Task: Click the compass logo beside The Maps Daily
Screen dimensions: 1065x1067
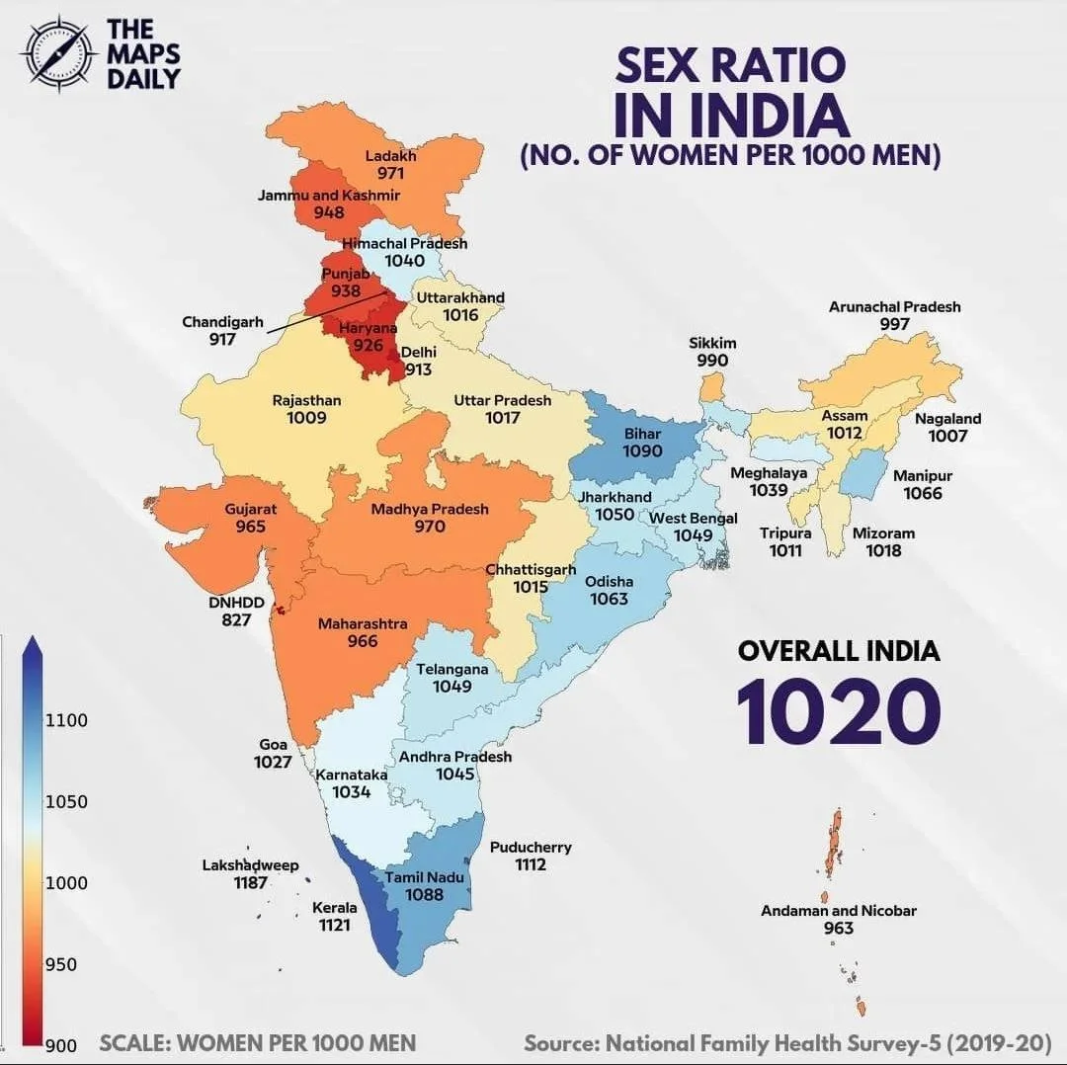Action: click(57, 53)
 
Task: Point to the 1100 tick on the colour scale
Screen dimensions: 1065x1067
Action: click(66, 720)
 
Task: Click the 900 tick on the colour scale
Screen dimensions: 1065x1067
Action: click(61, 1046)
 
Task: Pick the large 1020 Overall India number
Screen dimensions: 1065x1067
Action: click(838, 709)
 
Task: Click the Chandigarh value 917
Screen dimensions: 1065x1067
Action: click(222, 339)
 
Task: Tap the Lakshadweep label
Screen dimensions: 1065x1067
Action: click(250, 865)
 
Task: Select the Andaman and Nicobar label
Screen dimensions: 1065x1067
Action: click(838, 911)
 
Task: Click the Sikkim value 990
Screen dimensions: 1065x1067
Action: click(712, 361)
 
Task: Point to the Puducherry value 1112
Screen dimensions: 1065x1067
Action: click(531, 864)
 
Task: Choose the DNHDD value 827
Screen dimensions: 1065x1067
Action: click(236, 619)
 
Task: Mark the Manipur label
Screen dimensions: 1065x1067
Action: click(923, 476)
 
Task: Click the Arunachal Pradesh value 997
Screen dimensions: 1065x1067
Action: click(894, 324)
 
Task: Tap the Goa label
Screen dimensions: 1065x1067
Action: click(273, 744)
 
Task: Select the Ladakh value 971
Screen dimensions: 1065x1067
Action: click(390, 173)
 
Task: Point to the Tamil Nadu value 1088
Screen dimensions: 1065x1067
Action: click(424, 894)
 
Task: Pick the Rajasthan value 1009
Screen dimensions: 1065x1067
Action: click(306, 418)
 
